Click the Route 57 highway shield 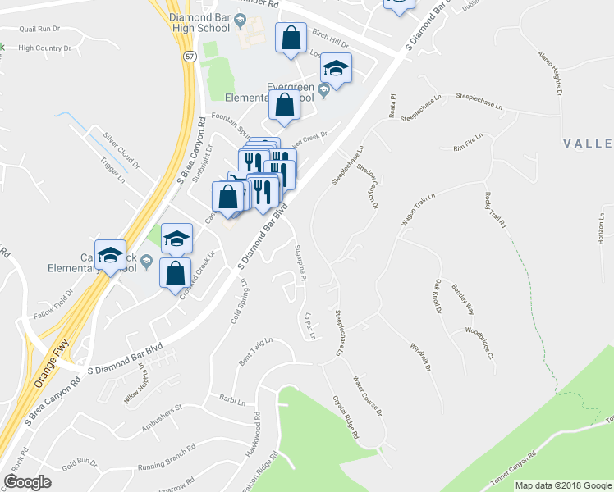pos(190,56)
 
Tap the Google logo pos(27,482)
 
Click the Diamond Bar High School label pos(196,22)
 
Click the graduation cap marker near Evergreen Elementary pos(335,68)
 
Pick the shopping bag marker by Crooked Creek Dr pos(175,273)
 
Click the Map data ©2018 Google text pos(563,485)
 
